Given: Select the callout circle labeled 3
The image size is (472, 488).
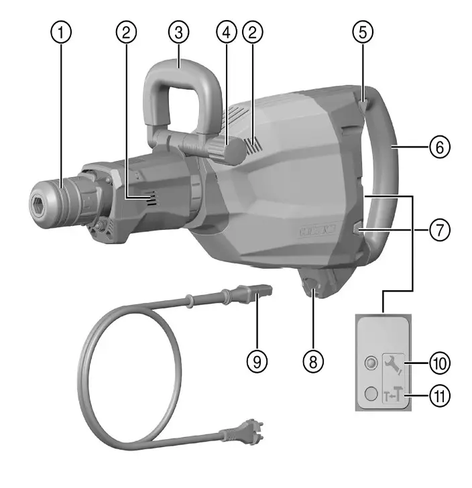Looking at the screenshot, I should [179, 31].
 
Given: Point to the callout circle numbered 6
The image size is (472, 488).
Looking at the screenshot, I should [438, 146].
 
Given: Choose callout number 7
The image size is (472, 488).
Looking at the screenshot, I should [438, 229].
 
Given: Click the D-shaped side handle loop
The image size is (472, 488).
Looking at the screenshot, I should [179, 87].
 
